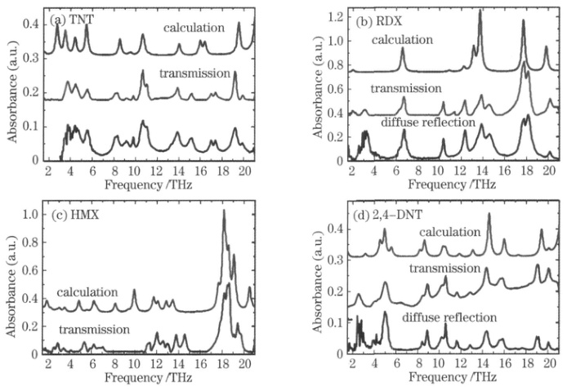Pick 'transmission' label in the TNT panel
pyautogui.click(x=194, y=73)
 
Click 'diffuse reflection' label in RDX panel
pyautogui.click(x=428, y=122)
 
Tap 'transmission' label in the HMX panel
pyautogui.click(x=94, y=330)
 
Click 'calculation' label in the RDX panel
pyautogui.click(x=402, y=40)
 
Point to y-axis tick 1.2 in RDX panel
pyautogui.click(x=333, y=16)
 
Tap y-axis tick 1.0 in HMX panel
pyautogui.click(x=29, y=215)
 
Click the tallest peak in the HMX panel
pyautogui.click(x=224, y=211)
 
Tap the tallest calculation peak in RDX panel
pyautogui.click(x=480, y=12)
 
